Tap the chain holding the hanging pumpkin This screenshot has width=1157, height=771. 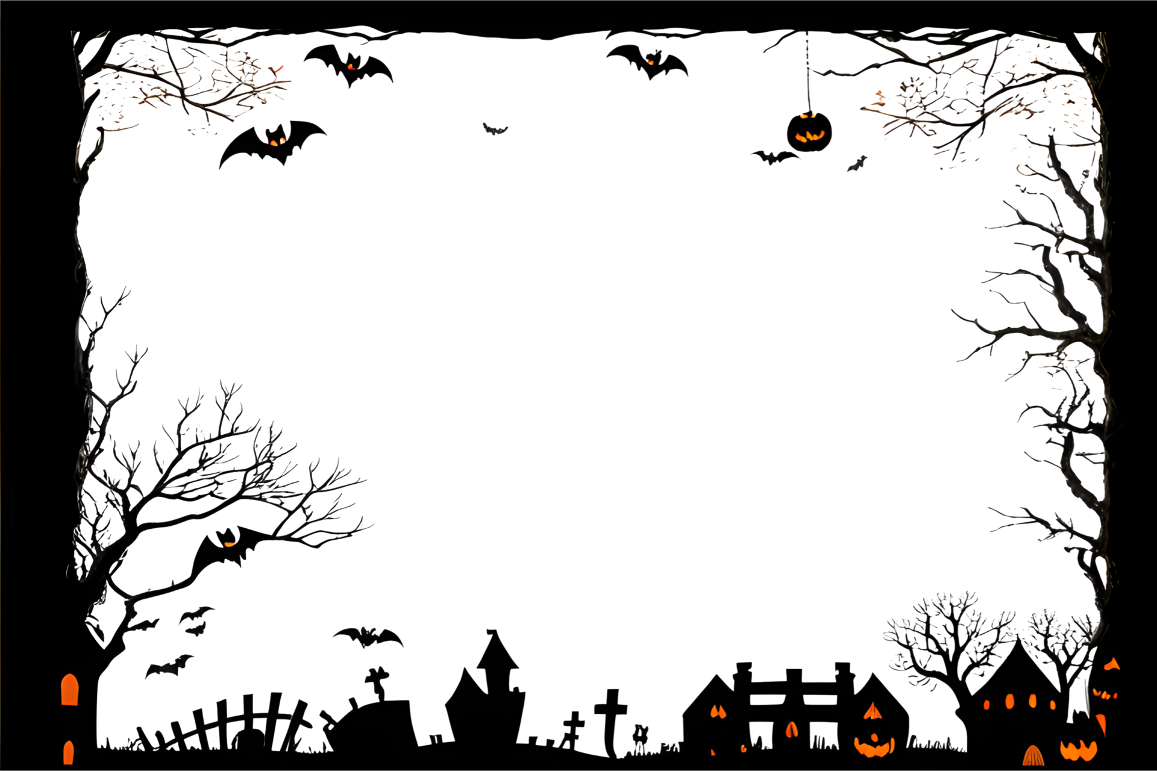[x=806, y=72]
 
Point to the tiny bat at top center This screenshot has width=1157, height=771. [x=495, y=129]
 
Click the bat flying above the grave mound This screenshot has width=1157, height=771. [x=368, y=637]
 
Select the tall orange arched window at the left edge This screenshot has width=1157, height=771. [x=70, y=690]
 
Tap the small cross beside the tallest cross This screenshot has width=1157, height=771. [x=573, y=726]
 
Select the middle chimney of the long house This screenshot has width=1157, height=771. [x=793, y=675]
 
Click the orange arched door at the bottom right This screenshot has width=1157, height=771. [x=1032, y=757]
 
